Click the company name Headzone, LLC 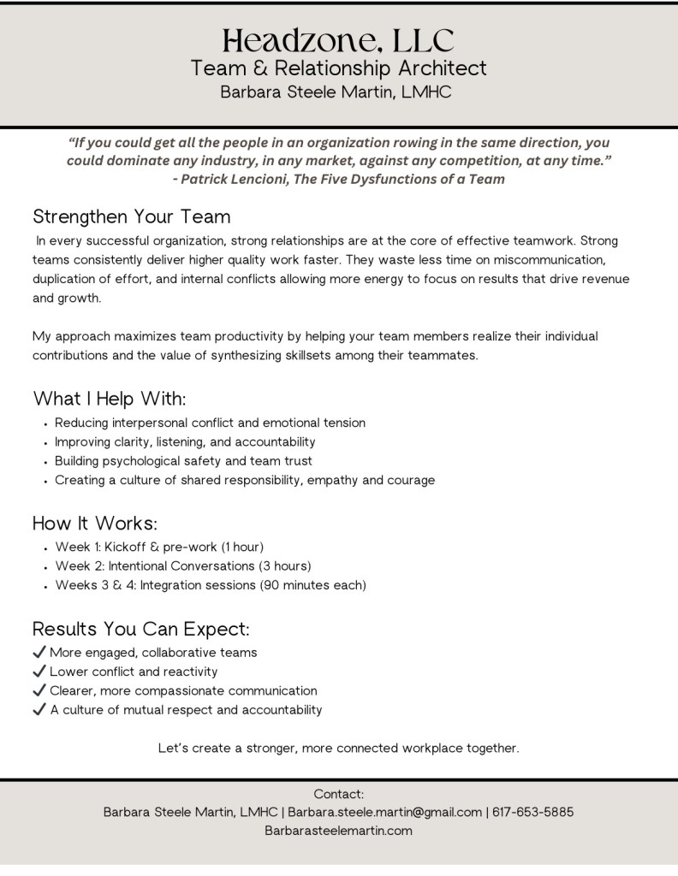coord(338,40)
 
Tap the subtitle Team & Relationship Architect coord(338,68)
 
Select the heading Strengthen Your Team coord(131,216)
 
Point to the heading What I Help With coord(110,399)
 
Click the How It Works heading coord(95,523)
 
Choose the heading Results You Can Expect coord(141,630)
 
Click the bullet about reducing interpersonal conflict coord(210,423)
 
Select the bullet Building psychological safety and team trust coord(183,461)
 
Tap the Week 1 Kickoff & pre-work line coord(159,547)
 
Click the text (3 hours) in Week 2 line coord(286,566)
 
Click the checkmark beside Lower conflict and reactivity coord(39,672)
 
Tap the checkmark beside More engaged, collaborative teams coord(39,653)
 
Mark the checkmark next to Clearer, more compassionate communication coord(39,690)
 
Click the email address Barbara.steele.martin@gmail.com coord(384,812)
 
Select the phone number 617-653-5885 coord(533,812)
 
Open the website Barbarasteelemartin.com coord(338,830)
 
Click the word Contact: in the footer coord(338,794)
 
